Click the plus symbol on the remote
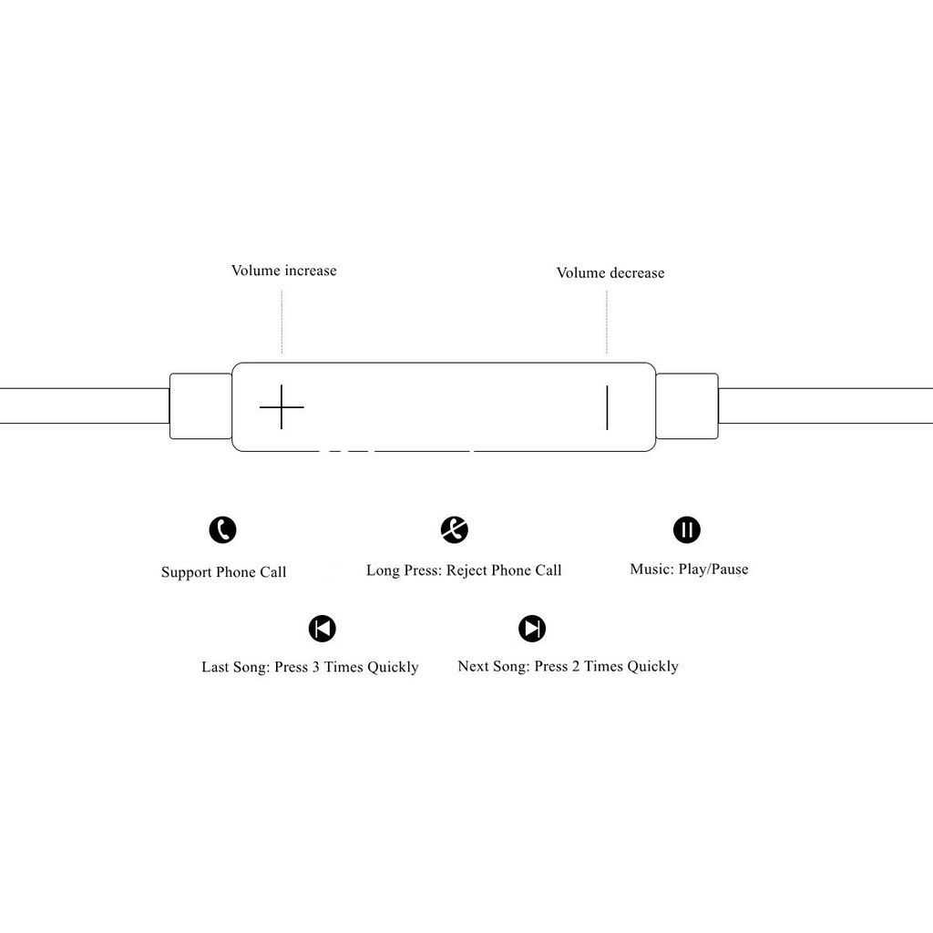[282, 406]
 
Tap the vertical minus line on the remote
[607, 407]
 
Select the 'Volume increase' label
[283, 271]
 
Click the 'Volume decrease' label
[610, 272]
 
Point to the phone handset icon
[222, 529]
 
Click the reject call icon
[454, 529]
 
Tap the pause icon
[687, 529]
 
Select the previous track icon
[322, 629]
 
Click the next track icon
[532, 629]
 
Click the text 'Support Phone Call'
[223, 572]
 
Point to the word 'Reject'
[466, 570]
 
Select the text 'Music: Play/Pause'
[689, 569]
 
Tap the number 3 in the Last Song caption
[316, 667]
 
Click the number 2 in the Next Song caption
[576, 666]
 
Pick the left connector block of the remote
[200, 406]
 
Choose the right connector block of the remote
[687, 406]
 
